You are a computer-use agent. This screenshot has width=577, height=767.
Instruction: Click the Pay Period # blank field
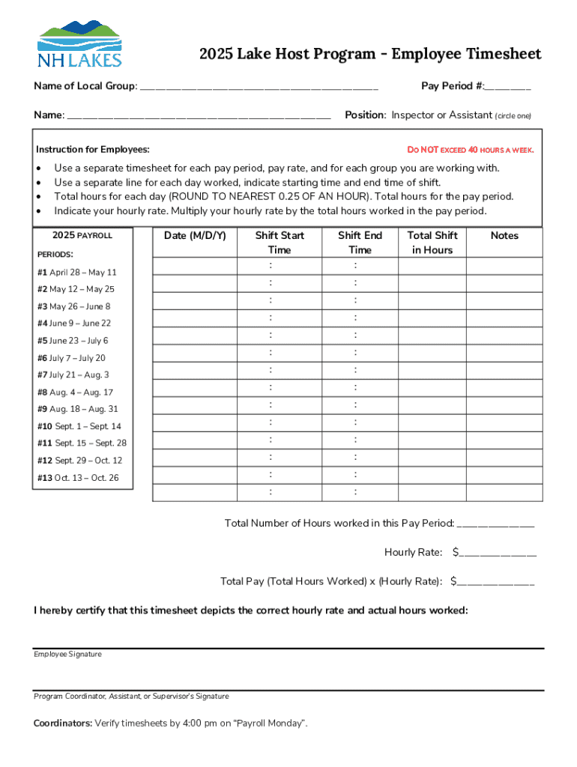[x=507, y=87]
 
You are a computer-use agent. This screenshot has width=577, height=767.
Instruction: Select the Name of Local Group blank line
[x=259, y=87]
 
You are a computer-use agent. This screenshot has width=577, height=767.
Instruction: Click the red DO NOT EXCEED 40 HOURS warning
[x=470, y=150]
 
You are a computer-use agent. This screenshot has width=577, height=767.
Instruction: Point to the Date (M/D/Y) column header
[x=195, y=236]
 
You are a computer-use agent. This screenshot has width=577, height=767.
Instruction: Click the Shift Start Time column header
[x=280, y=243]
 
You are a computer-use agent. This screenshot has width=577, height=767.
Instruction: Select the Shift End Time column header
[x=360, y=243]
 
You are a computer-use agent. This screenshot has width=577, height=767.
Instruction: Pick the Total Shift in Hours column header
[x=432, y=243]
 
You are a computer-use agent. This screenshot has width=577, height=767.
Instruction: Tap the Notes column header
[x=504, y=236]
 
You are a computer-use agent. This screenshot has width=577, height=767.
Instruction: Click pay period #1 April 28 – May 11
[x=77, y=273]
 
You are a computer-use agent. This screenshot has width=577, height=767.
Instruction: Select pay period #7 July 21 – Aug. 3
[x=73, y=375]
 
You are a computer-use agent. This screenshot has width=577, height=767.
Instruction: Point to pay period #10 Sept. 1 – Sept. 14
[x=79, y=426]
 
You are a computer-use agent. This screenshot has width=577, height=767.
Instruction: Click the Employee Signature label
[x=67, y=655]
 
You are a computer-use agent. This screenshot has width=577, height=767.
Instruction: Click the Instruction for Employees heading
[x=93, y=150]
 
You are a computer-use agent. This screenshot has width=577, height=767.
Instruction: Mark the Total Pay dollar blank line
[x=496, y=582]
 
